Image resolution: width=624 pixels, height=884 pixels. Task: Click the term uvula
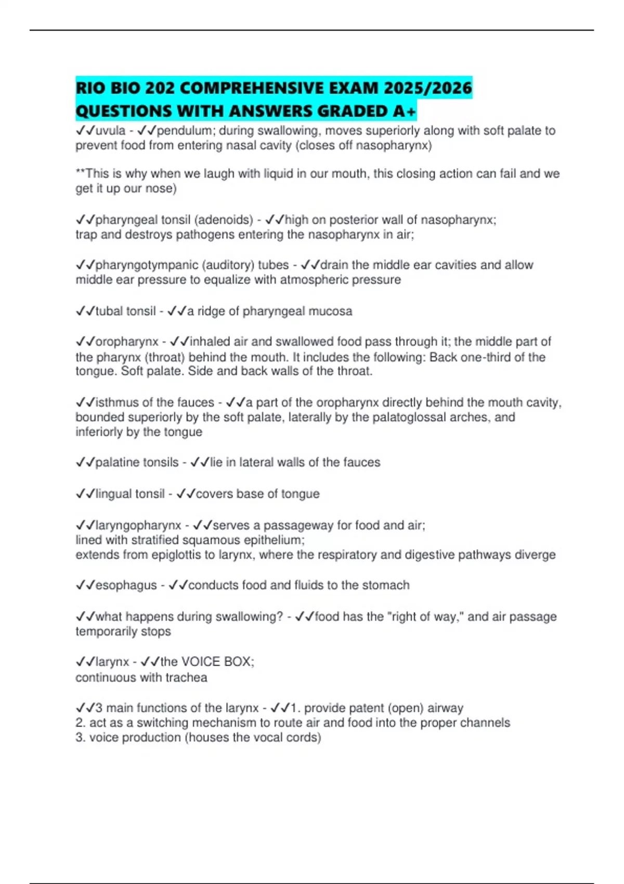[x=110, y=131]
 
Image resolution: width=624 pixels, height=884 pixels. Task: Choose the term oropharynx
[x=127, y=342]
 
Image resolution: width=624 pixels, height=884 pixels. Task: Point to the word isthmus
[x=116, y=402]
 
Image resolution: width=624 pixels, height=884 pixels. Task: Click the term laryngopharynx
[x=138, y=525]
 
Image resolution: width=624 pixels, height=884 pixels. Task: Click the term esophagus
[x=126, y=585]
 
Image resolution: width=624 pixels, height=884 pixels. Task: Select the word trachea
[x=186, y=678]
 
